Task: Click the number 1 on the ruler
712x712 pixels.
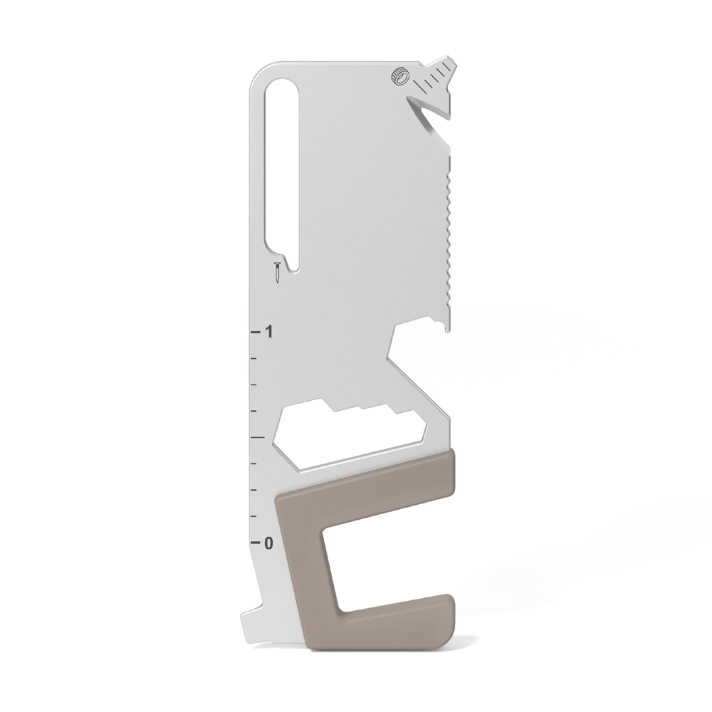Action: [270, 332]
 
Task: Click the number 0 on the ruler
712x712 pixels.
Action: [269, 543]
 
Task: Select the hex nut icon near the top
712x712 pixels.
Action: [400, 76]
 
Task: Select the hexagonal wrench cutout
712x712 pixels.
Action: [350, 434]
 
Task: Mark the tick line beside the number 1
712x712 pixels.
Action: [255, 332]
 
